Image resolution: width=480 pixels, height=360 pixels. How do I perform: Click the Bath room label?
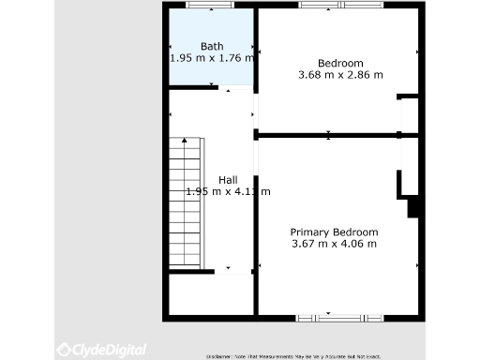coord(212,46)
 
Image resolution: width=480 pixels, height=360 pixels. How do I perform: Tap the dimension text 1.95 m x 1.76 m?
coord(212,58)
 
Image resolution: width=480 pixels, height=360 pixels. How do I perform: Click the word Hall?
coord(228,180)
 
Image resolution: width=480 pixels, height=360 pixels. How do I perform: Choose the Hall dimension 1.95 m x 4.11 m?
coord(228,192)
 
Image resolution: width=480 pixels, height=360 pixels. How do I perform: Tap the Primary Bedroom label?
coord(334,232)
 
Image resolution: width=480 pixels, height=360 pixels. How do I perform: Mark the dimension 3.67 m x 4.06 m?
coord(334,244)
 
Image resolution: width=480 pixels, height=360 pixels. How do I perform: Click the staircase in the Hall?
coord(186,202)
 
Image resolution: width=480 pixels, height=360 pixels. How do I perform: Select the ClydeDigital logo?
coord(101,350)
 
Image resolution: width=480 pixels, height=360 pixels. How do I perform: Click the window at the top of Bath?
coord(210,6)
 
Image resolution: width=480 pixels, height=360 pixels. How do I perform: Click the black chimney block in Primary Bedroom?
coord(412,207)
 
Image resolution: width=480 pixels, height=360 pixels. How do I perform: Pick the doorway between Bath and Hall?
coord(238,89)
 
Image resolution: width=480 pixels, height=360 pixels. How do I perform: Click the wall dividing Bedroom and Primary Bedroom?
coord(328,135)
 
